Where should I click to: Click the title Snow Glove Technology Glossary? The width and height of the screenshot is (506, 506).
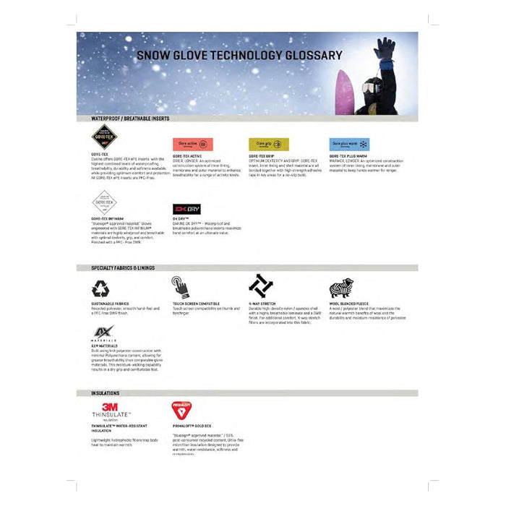pyautogui.click(x=239, y=55)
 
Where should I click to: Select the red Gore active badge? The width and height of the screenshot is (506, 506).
pyautogui.click(x=192, y=144)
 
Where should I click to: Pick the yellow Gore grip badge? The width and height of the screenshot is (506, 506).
pyautogui.click(x=269, y=144)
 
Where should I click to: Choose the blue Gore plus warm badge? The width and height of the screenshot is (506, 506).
pyautogui.click(x=349, y=144)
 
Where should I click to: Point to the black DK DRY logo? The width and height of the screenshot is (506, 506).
pyautogui.click(x=186, y=208)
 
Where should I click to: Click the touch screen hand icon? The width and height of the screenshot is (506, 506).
pyautogui.click(x=180, y=287)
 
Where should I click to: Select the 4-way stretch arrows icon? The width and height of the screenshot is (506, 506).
pyautogui.click(x=260, y=286)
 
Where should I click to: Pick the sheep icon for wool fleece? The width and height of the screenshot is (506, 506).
pyautogui.click(x=340, y=288)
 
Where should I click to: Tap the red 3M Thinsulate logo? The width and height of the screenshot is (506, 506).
pyautogui.click(x=110, y=409)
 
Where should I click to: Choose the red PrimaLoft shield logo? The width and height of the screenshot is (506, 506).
pyautogui.click(x=181, y=411)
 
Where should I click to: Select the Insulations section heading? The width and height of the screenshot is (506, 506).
pyautogui.click(x=106, y=393)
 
